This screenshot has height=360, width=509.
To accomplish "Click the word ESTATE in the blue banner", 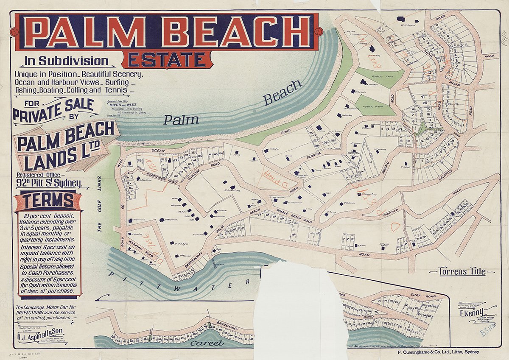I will [167, 59].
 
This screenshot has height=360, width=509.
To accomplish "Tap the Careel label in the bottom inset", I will [207, 343].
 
